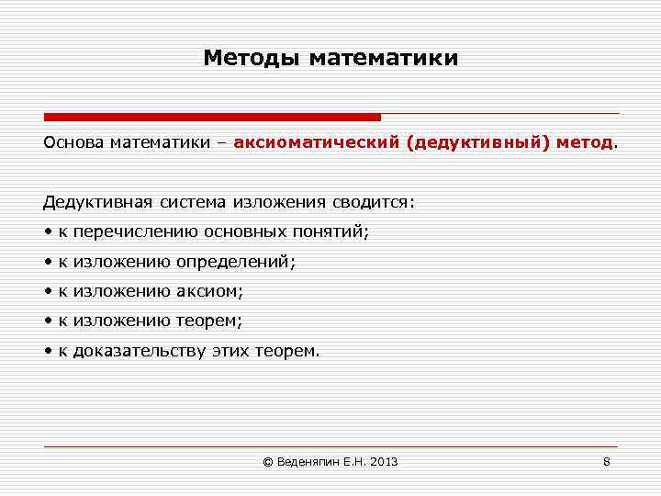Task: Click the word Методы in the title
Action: click(x=252, y=59)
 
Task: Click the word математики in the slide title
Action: click(x=383, y=59)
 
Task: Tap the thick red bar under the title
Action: click(x=212, y=118)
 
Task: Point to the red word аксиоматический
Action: click(x=317, y=143)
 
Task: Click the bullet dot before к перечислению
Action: click(x=47, y=232)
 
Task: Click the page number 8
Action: click(x=606, y=461)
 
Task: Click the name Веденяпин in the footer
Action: click(x=307, y=461)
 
